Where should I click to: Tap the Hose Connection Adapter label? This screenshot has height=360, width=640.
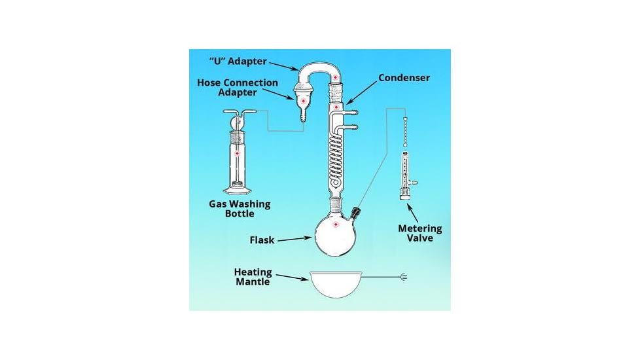(x=238, y=88)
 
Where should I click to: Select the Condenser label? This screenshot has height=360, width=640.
(x=404, y=78)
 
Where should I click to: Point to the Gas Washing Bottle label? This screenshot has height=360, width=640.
(x=240, y=209)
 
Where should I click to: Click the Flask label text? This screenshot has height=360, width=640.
(x=261, y=240)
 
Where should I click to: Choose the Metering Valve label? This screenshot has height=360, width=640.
(x=420, y=233)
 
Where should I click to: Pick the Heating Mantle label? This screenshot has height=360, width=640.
(x=253, y=276)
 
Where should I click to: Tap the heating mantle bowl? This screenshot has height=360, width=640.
(x=336, y=283)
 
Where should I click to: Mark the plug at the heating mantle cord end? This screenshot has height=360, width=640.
(x=403, y=278)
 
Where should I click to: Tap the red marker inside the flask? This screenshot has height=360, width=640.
(x=336, y=225)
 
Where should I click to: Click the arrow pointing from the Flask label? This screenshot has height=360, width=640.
(x=294, y=239)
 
